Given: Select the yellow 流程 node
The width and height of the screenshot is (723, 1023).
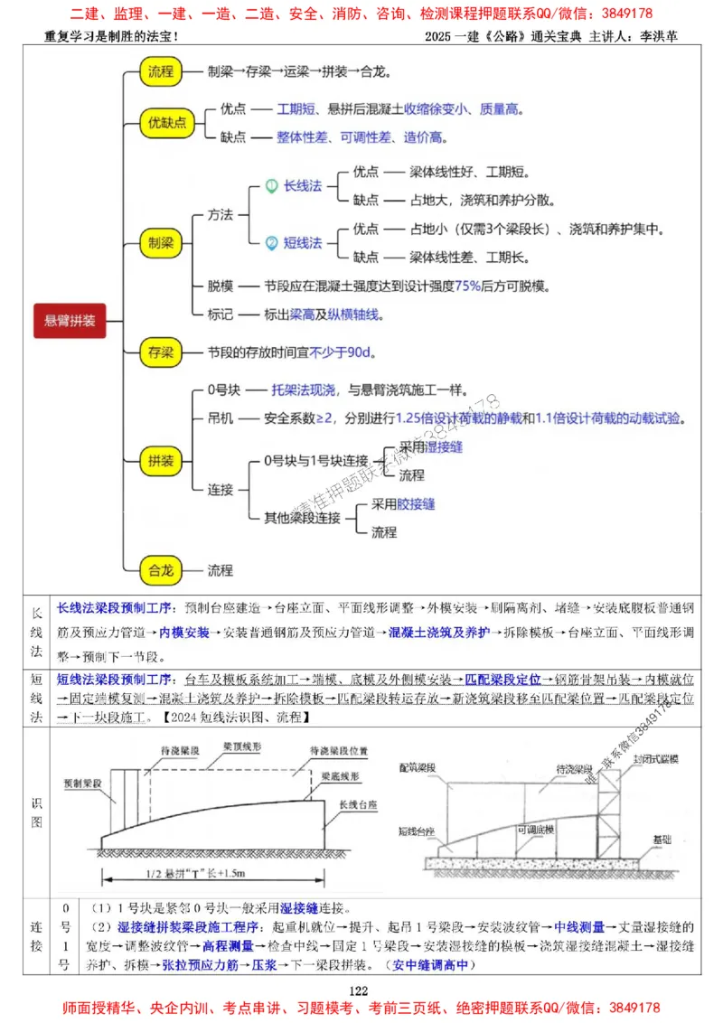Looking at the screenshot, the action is tap(163, 71).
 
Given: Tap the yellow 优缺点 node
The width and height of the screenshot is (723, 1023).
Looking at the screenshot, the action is tap(167, 123).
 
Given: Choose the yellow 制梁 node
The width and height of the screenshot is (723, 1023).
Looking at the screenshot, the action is tap(163, 242).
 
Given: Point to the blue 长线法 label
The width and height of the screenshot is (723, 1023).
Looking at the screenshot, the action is tap(303, 185).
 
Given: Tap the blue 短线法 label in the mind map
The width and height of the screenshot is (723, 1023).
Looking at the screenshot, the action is tap(303, 242).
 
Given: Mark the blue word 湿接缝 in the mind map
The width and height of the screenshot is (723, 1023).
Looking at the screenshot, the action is tap(444, 446).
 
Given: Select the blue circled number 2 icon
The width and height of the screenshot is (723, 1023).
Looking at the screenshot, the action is tap(270, 242).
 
